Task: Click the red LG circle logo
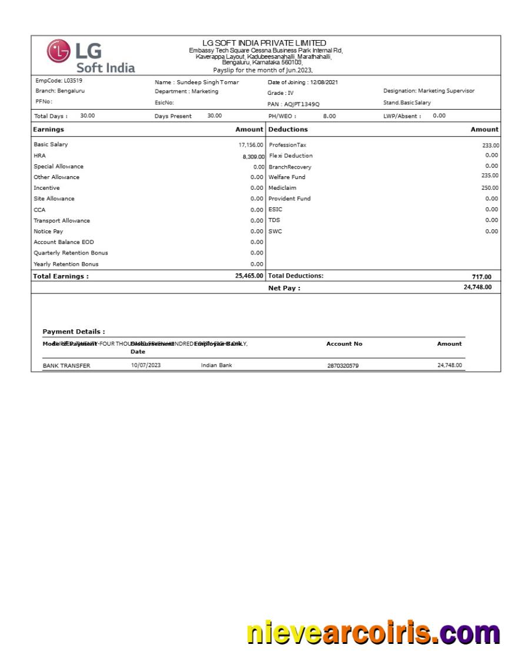(x=58, y=51)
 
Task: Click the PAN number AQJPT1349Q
(x=300, y=104)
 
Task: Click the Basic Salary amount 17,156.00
(x=250, y=145)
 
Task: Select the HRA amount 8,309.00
(x=254, y=157)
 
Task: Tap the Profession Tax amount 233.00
(x=490, y=146)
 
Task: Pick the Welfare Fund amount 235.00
(x=490, y=176)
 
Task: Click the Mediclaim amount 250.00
(x=490, y=188)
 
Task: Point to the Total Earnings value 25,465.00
(x=248, y=276)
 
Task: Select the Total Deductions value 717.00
(x=481, y=277)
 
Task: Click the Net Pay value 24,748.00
(x=477, y=287)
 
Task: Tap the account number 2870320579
(x=343, y=366)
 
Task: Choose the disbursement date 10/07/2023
(x=145, y=366)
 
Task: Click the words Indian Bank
(x=216, y=366)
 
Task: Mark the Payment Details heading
(x=74, y=332)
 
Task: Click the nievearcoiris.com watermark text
(x=373, y=633)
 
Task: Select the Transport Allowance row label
(x=62, y=221)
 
